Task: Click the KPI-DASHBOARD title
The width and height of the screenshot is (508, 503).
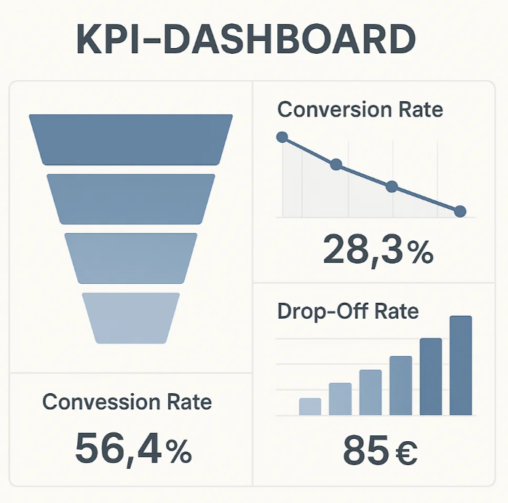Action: click(246, 39)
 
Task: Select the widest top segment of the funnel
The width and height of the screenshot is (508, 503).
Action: click(131, 140)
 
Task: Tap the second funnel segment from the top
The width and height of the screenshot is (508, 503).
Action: click(131, 199)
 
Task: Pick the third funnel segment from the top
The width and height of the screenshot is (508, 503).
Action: click(131, 258)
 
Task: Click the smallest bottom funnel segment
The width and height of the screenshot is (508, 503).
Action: click(131, 318)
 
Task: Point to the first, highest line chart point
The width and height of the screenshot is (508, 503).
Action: click(282, 137)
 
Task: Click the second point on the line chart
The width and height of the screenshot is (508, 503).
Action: click(336, 165)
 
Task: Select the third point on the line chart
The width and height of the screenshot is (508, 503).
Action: click(392, 186)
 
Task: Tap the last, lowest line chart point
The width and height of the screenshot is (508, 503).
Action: click(460, 212)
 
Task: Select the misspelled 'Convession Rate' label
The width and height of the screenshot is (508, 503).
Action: click(127, 402)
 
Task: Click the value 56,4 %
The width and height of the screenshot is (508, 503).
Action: click(133, 450)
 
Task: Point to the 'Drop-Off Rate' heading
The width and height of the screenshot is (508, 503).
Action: click(348, 312)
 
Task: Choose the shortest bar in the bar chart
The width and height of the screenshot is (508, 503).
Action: click(310, 406)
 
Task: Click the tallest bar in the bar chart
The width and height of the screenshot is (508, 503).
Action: click(461, 365)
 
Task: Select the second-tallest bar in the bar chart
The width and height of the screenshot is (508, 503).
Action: click(431, 376)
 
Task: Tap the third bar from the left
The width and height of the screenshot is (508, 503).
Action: click(370, 392)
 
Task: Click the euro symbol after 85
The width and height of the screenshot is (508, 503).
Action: click(406, 453)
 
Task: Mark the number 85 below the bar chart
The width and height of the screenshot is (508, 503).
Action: click(365, 450)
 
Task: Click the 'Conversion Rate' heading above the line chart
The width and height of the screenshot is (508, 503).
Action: click(360, 109)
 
